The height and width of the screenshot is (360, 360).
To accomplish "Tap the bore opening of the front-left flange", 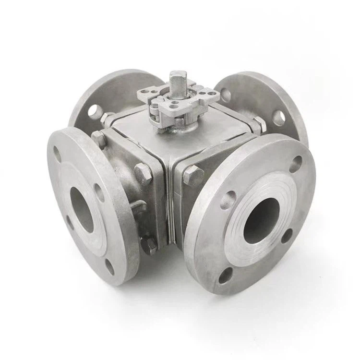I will coord(82,209).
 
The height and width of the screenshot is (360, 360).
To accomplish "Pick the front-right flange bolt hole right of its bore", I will coord(287,236).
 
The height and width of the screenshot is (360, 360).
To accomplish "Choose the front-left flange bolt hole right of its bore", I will coord(99,192).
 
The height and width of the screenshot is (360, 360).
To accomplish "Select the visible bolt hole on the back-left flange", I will coord(95,110).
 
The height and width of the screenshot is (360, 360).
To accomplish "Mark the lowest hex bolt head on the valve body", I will coord(151,245).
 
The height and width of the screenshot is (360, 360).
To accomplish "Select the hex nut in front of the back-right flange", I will coord(259,124).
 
